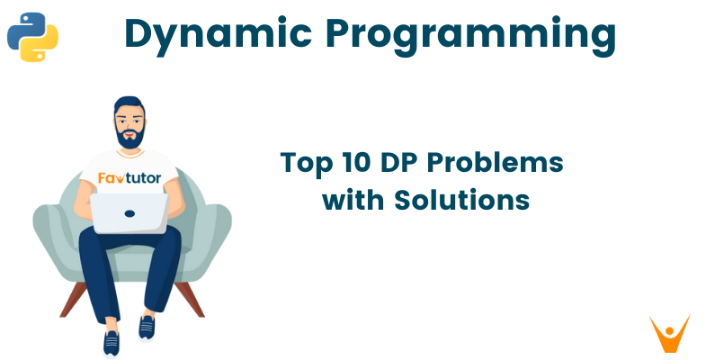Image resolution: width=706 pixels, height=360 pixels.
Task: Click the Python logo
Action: (x=32, y=36)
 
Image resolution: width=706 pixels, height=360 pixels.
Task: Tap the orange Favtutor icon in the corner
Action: (x=669, y=332)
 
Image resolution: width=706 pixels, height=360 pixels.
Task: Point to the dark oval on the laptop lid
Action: (x=130, y=214)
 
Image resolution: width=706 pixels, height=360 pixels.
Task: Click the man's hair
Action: (x=129, y=101)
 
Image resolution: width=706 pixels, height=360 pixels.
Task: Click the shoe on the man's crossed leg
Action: (x=147, y=327)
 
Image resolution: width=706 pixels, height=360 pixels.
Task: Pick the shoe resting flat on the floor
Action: (x=112, y=343)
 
